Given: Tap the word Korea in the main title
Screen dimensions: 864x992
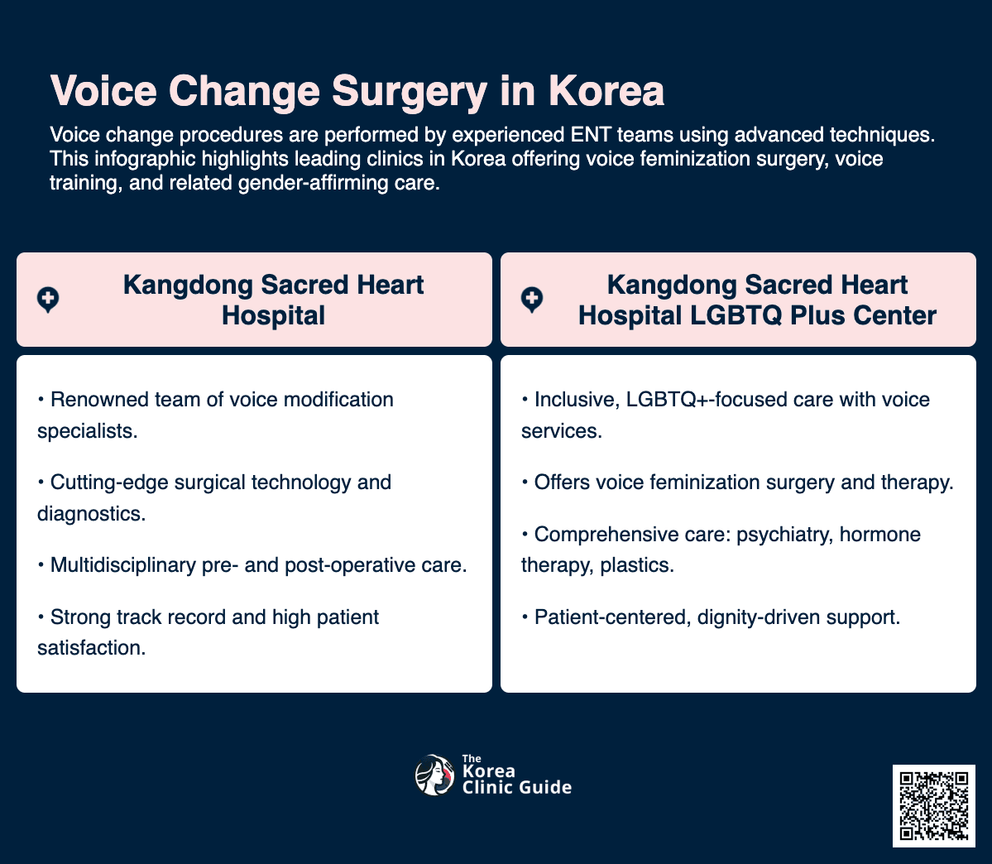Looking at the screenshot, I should [606, 92].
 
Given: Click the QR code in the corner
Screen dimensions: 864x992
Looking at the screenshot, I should [933, 806].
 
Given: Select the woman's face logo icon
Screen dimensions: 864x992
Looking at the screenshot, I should [434, 775].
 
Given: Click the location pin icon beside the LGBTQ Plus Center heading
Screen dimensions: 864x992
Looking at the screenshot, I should [531, 300].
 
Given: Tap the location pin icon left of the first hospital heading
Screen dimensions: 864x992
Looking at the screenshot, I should [48, 300].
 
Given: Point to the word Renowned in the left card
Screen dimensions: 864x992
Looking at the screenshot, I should [101, 400].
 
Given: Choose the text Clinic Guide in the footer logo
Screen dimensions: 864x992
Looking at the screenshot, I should [516, 788].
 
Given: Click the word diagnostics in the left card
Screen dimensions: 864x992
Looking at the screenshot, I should [91, 513].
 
